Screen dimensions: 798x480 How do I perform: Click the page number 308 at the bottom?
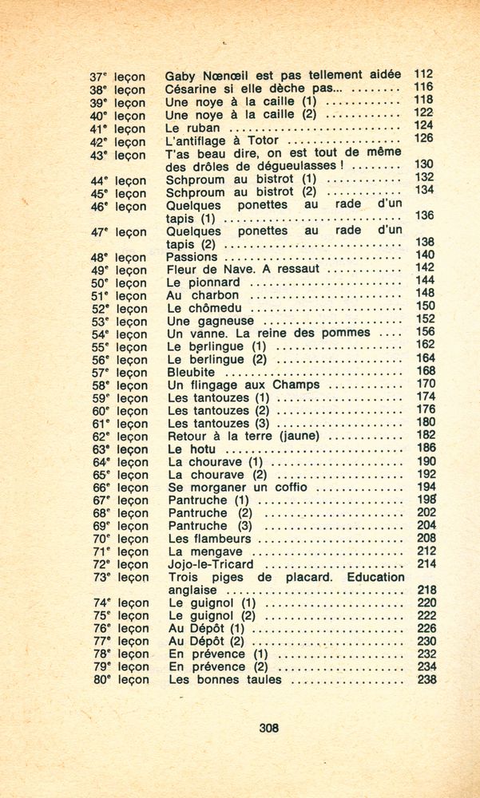(269, 727)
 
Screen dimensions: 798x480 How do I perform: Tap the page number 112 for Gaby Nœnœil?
(423, 74)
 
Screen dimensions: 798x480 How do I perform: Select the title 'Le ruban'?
(193, 127)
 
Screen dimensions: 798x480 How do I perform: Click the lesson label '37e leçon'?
(117, 77)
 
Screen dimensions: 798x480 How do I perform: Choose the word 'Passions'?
(192, 257)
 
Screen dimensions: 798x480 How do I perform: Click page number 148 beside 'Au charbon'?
(425, 294)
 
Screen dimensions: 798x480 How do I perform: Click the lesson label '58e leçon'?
(119, 385)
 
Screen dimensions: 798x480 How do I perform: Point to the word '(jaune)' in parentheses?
(301, 436)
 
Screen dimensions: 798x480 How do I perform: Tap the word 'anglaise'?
(195, 590)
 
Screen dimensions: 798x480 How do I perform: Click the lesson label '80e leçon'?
(121, 680)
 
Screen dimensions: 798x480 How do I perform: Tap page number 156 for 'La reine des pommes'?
(425, 332)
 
